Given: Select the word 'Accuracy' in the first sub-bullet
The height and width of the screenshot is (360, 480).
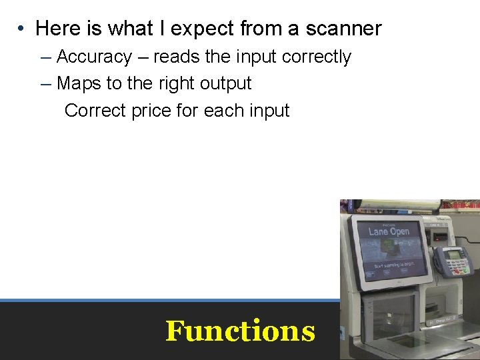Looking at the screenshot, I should coord(94,57).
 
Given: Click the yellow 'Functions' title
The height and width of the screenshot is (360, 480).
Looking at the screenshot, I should coord(240,331).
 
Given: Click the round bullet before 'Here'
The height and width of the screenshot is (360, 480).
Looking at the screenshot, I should coord(22,29).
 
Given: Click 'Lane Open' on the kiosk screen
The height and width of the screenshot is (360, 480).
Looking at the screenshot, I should coord(389,231).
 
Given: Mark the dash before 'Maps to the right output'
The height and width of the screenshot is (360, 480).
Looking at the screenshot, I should coord(45,84).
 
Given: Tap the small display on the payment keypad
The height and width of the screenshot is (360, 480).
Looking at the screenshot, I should coord(453,253).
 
